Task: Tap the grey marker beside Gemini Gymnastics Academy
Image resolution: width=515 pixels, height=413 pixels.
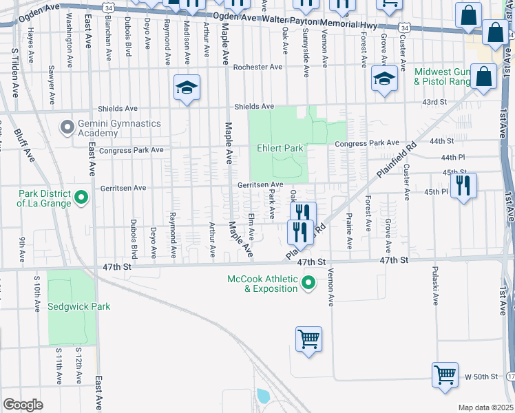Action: [67, 127]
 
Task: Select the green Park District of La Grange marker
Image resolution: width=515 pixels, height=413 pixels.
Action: [81, 198]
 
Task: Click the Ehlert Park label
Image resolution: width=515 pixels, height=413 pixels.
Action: [281, 148]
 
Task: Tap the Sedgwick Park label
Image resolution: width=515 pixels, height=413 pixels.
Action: [79, 306]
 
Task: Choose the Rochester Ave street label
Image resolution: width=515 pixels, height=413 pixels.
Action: [258, 67]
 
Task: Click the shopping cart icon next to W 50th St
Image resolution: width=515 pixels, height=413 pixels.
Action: [445, 375]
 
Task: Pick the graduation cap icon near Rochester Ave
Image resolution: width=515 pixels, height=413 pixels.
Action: [186, 87]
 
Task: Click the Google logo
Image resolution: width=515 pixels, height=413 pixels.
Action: [23, 405]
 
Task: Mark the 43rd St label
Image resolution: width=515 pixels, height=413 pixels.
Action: [434, 102]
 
